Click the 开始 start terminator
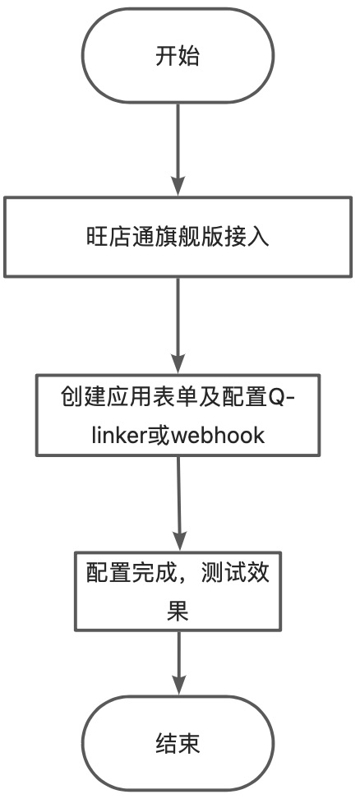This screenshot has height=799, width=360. pos(178,55)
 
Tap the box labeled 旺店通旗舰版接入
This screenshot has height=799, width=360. pos(178,237)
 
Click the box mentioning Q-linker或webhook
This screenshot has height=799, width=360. pos(178,415)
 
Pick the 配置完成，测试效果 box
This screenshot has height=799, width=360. pos(178,591)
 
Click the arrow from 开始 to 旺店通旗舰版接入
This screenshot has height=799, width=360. pos(178,150)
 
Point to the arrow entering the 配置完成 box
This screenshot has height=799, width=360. pos(178,503)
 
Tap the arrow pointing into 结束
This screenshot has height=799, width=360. pos(178,663)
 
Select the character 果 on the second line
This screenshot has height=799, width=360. pos(178,611)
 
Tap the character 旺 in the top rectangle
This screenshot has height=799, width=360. pos(95,238)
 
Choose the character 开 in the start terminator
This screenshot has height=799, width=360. pos(166,56)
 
